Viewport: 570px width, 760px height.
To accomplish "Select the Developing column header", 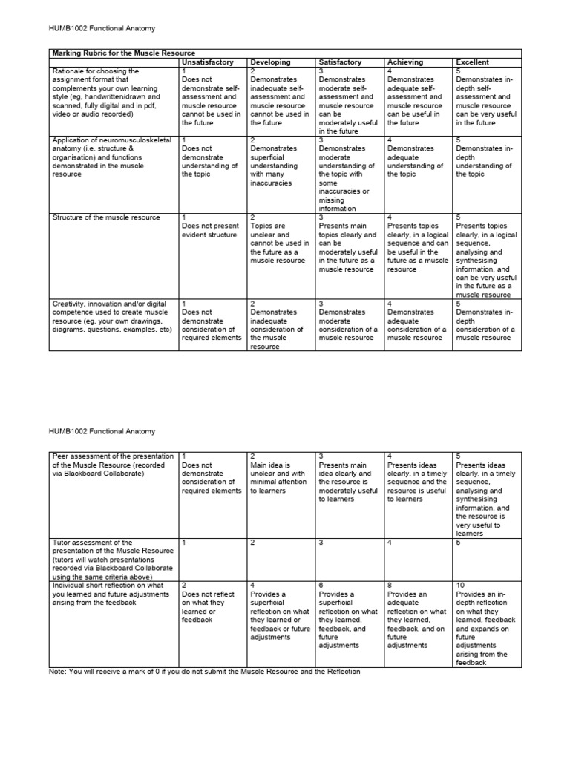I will tap(271, 62).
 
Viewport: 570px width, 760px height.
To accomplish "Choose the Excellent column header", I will tap(473, 62).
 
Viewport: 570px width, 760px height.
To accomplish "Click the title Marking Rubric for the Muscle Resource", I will tap(123, 53).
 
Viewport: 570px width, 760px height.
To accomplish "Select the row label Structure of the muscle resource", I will tap(105, 217).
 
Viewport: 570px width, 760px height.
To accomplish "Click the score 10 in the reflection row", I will tap(461, 585).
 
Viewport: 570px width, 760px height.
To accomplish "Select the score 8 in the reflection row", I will tap(390, 585).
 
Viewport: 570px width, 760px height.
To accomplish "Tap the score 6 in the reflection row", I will tap(321, 585).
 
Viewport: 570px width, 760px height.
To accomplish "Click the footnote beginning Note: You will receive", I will tap(205, 671).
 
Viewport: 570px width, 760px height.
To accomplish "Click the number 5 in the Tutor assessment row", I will tap(459, 543).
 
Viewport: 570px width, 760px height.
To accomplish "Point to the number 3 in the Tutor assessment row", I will tap(321, 543).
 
